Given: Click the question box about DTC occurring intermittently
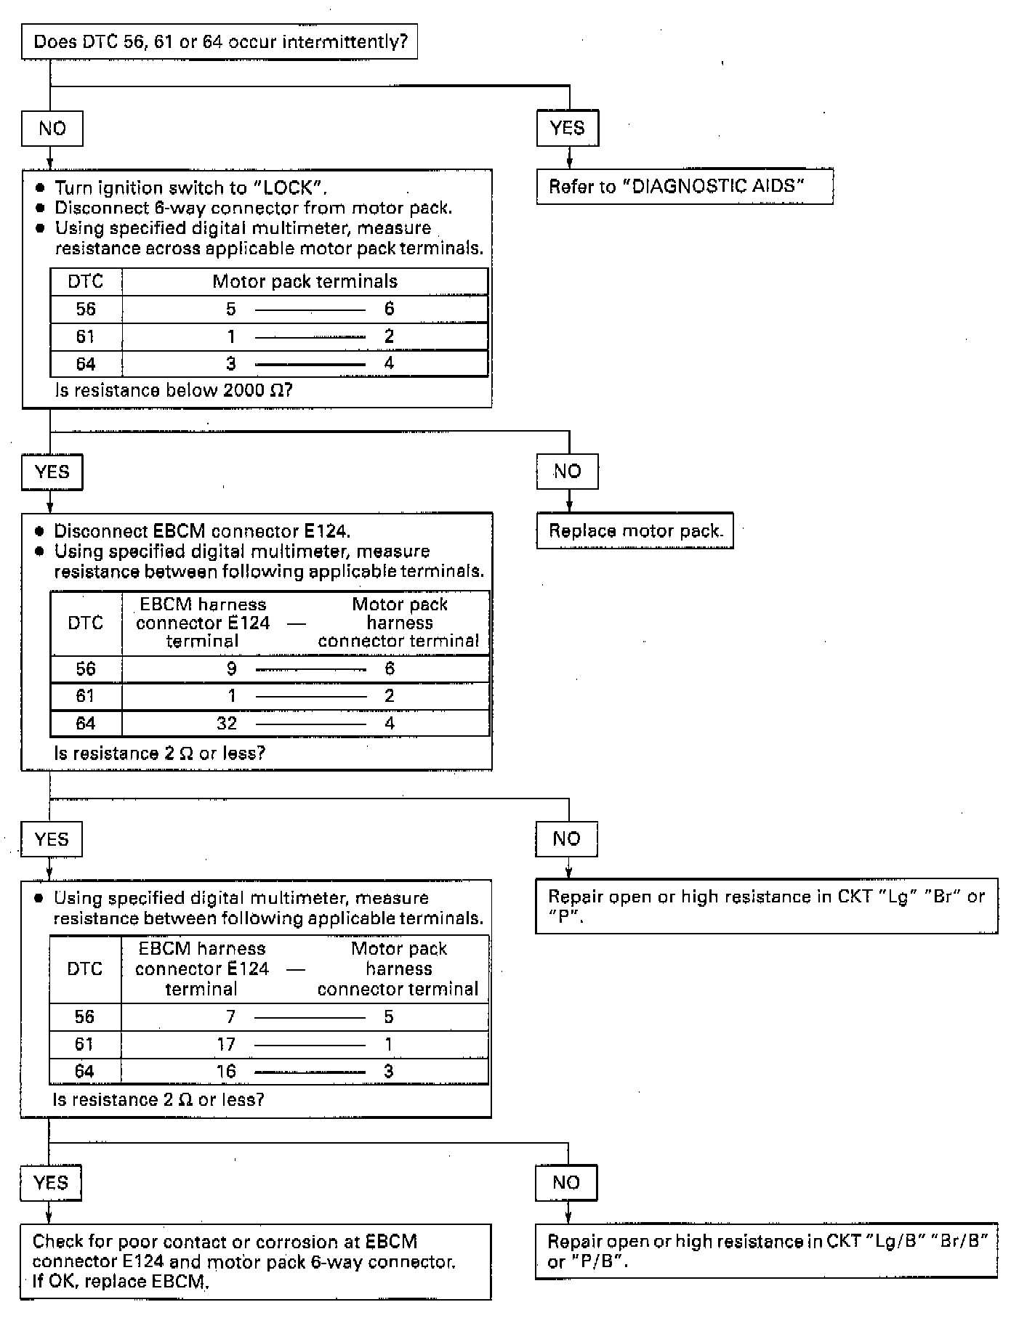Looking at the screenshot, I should coord(220,42).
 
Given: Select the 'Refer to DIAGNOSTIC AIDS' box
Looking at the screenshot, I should coord(684,187).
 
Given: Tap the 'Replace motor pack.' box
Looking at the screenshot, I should coord(635,531).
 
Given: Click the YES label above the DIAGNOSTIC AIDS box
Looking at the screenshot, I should coord(567,129).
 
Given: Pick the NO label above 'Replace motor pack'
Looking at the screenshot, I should coord(567,472).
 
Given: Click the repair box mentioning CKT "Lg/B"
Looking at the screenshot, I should coord(766,1251).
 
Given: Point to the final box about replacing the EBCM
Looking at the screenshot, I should coord(255,1261).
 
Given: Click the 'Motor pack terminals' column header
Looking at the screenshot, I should coord(305,282).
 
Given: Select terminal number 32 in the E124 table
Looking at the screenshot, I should coord(227,724).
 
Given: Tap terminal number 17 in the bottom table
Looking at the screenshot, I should coord(226,1045).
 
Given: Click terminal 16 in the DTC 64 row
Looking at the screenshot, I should coord(226,1072).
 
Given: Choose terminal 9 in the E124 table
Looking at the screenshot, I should coord(231,669).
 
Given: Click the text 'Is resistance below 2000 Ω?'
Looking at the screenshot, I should coord(174,391).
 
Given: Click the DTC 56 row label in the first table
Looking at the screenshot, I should coord(86,310).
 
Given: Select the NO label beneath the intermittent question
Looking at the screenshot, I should coord(52,129).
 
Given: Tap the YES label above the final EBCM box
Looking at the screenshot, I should coord(51,1183).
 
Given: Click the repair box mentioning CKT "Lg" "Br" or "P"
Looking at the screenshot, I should coord(766,906).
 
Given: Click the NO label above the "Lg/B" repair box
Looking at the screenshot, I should coord(566,1183).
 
